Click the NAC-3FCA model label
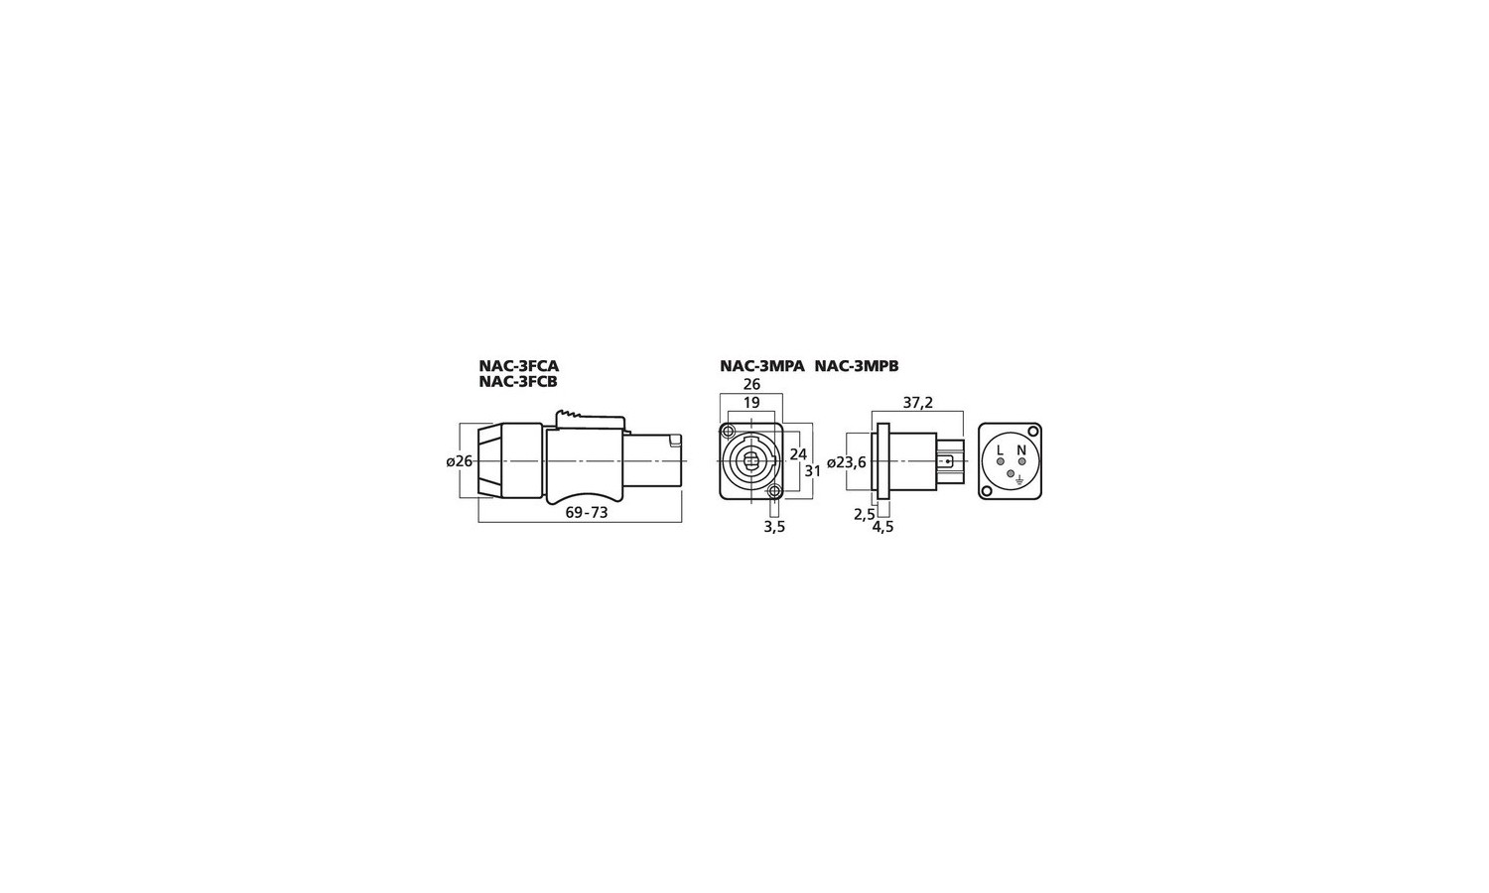tap(518, 366)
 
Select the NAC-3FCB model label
tap(518, 382)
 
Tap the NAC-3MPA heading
tap(762, 366)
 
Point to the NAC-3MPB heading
tap(857, 366)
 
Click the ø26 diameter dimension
tap(460, 461)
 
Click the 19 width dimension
tap(751, 403)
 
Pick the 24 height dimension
tap(798, 454)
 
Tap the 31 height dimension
tap(813, 470)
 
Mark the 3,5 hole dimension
tap(774, 527)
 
